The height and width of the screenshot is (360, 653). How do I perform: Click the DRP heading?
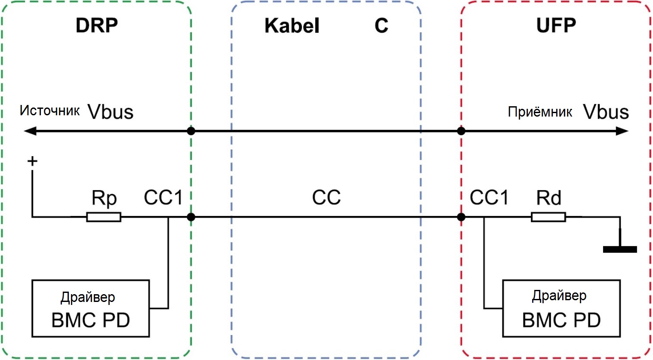pyautogui.click(x=97, y=25)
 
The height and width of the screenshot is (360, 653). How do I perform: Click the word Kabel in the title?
pyautogui.click(x=292, y=26)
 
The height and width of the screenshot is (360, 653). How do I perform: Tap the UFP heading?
pyautogui.click(x=556, y=25)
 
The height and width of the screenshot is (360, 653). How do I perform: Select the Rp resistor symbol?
pyautogui.click(x=104, y=217)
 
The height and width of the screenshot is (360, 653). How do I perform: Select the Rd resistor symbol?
pyautogui.click(x=548, y=217)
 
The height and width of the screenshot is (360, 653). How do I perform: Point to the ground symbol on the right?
pyautogui.click(x=620, y=249)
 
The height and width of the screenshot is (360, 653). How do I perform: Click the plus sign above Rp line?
pyautogui.click(x=32, y=161)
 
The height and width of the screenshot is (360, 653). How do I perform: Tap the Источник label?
pyautogui.click(x=49, y=111)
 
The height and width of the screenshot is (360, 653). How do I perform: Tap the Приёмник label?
pyautogui.click(x=540, y=112)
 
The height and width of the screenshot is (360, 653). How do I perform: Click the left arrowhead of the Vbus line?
pyautogui.click(x=30, y=131)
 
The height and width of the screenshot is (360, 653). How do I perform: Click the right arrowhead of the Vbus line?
pyautogui.click(x=622, y=131)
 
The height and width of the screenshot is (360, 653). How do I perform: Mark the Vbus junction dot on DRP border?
pyautogui.click(x=191, y=131)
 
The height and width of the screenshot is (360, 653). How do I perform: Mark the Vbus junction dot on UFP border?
pyautogui.click(x=461, y=131)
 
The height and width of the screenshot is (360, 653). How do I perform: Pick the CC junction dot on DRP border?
pyautogui.click(x=191, y=217)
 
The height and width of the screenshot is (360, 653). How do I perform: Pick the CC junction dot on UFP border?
pyautogui.click(x=461, y=217)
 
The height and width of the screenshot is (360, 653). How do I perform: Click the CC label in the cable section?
pyautogui.click(x=326, y=197)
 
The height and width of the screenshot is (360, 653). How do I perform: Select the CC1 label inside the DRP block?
pyautogui.click(x=163, y=197)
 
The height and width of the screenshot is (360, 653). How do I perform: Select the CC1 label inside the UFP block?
pyautogui.click(x=489, y=197)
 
